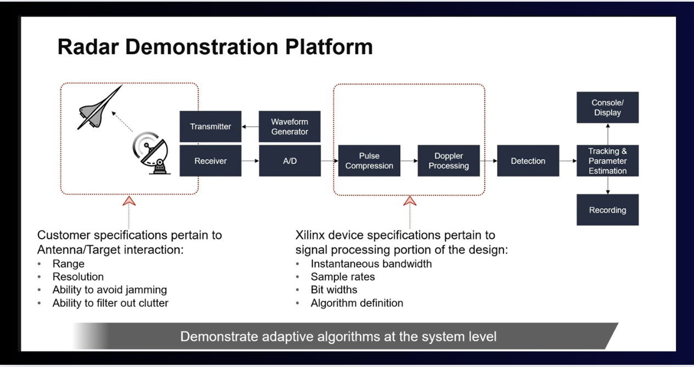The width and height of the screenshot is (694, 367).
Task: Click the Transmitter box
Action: tap(210, 127)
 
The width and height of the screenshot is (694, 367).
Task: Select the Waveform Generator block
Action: tap(289, 127)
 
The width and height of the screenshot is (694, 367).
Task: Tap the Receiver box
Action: tap(210, 161)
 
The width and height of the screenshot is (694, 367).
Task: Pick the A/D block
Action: tap(289, 161)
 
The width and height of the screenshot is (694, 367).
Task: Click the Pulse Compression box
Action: tap(369, 161)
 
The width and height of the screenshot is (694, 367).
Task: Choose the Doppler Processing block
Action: tap(449, 161)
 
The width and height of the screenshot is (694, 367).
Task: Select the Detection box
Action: tap(528, 161)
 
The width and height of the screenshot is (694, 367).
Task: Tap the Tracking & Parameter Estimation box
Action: tap(607, 161)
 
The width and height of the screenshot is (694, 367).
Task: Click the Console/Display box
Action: tap(607, 108)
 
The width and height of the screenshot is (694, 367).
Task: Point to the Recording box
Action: tap(607, 210)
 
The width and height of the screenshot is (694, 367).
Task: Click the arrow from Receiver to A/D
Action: tap(250, 161)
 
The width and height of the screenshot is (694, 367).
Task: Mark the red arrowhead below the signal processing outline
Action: tap(410, 201)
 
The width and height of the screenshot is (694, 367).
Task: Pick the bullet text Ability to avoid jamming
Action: tap(109, 290)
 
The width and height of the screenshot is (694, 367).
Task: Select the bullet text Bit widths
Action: tap(334, 290)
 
